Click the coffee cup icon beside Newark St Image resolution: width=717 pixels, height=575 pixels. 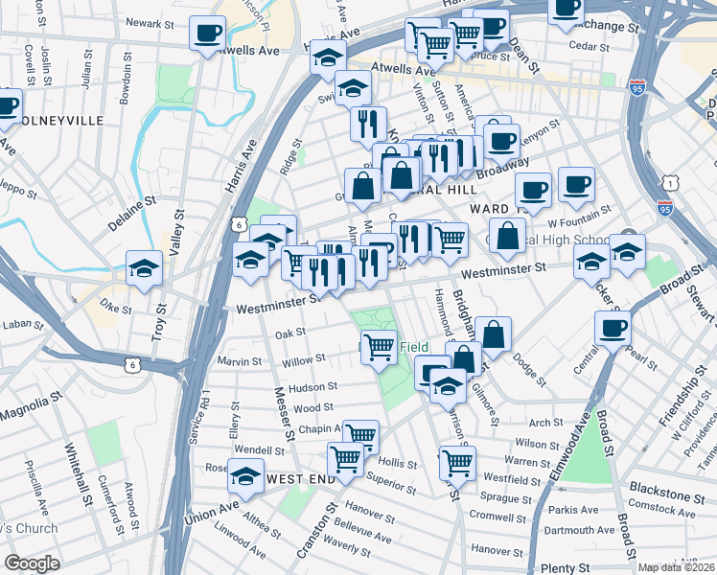click(207, 34)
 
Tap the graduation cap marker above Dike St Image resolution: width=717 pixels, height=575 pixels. click(144, 267)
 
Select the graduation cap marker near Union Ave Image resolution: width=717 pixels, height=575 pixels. click(246, 476)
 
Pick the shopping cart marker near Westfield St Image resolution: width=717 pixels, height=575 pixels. click(457, 462)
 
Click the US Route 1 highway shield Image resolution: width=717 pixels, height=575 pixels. click(676, 180)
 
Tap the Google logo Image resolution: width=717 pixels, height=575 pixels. click(32, 563)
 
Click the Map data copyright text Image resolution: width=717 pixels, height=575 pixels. click(676, 567)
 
